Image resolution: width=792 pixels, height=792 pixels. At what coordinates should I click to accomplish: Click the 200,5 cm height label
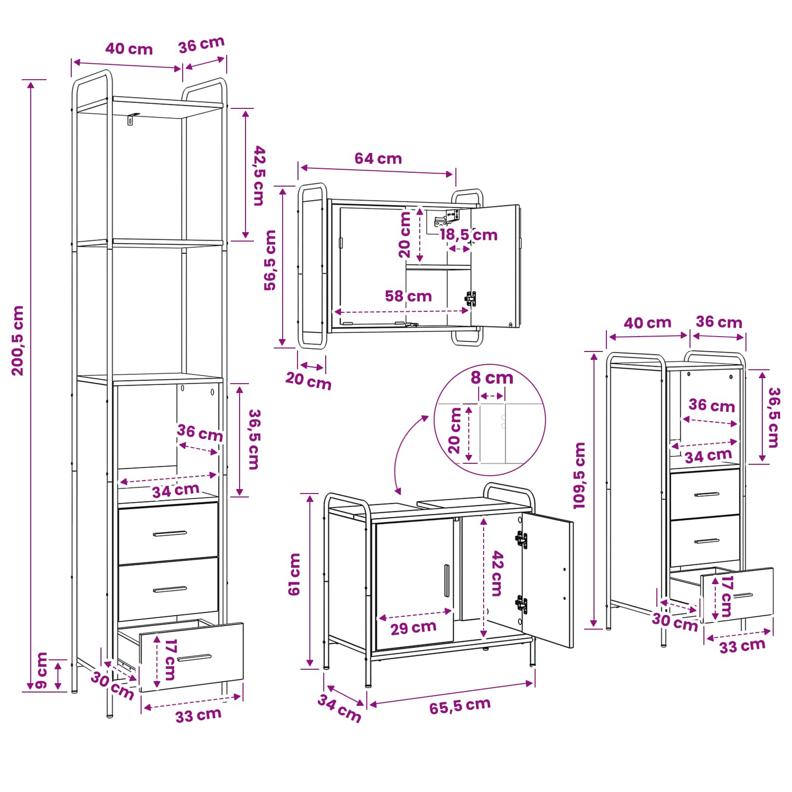pos(18,341)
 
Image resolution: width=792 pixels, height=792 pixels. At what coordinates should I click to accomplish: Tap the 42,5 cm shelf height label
pos(259,176)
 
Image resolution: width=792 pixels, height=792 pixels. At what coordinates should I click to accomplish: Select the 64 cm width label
pos(378,158)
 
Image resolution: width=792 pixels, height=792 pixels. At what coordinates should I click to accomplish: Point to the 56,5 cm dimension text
pos(270,260)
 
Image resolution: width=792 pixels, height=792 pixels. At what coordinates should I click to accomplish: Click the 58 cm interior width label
pos(408,296)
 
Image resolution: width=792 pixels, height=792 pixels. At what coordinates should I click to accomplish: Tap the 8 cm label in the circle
pos(492,378)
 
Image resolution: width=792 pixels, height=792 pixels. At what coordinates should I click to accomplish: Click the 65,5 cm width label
pos(460,706)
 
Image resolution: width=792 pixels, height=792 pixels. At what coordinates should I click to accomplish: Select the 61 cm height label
pos(295,574)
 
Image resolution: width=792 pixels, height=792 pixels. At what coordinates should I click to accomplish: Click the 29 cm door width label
pos(413,628)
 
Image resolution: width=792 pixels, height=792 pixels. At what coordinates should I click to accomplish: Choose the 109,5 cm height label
pos(579,475)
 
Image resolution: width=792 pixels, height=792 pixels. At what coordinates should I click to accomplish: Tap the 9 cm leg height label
pos(42,670)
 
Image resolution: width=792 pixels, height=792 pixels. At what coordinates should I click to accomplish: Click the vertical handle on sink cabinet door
pos(446,581)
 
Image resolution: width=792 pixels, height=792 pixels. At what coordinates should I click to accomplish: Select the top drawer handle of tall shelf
pos(170,534)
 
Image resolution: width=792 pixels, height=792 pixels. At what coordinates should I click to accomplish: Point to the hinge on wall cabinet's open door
pos(471,298)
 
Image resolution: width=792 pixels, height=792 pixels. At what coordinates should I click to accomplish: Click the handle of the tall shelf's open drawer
pos(194,658)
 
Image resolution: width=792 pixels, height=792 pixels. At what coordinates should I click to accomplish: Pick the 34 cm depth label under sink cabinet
pos(340,708)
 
